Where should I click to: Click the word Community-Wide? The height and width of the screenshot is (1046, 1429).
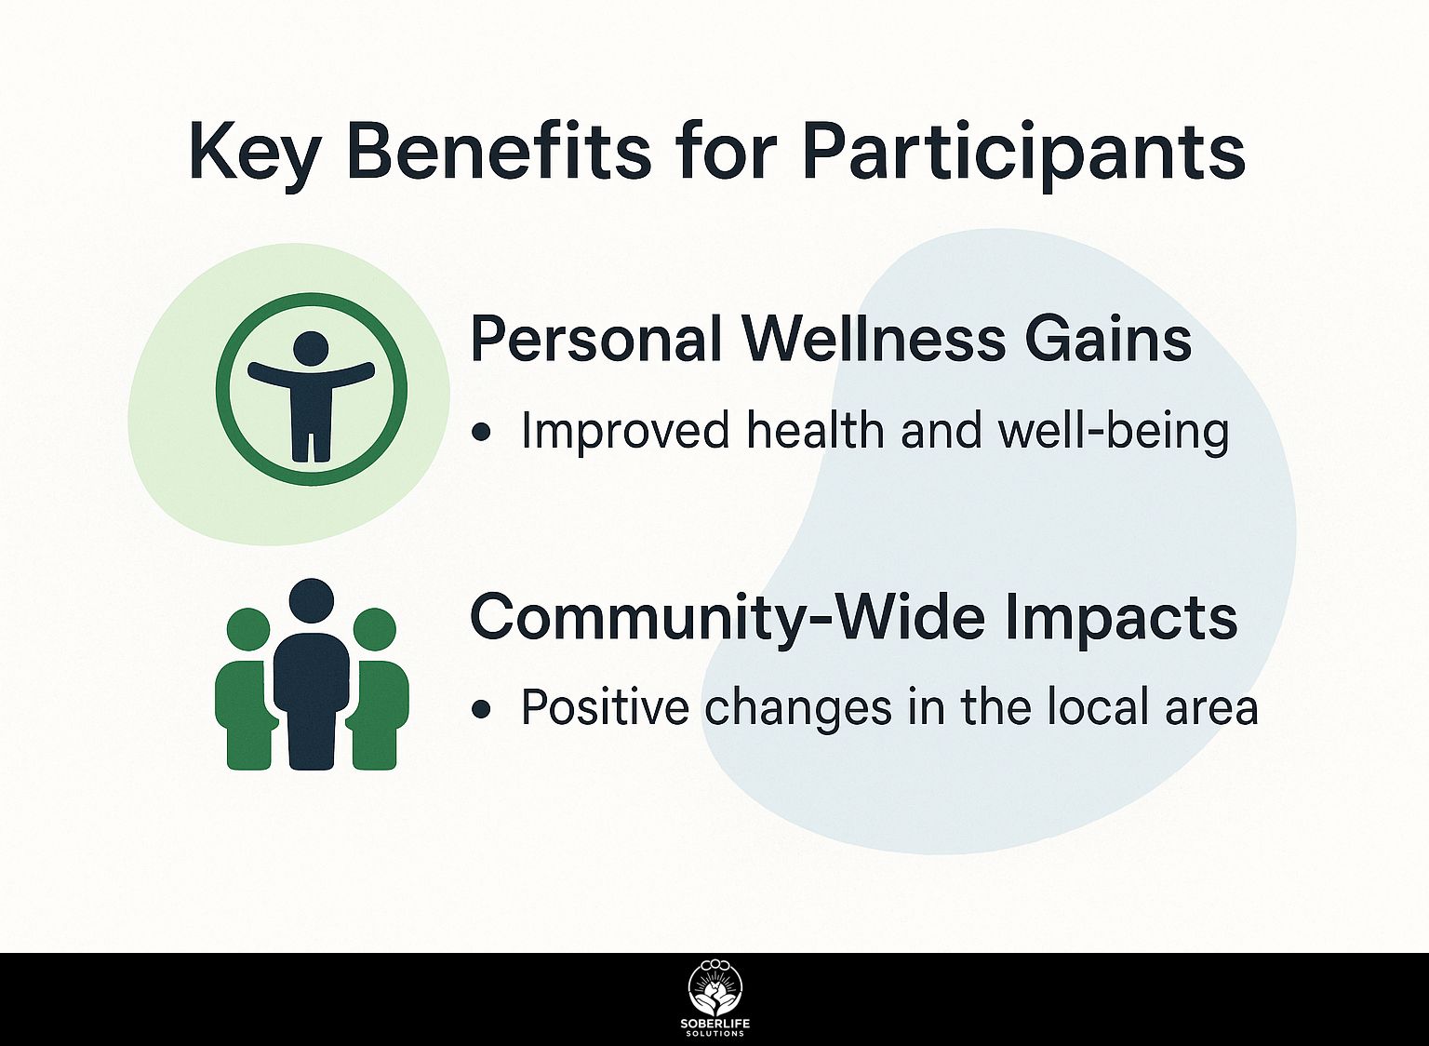727,616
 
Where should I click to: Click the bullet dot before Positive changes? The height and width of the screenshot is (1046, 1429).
481,708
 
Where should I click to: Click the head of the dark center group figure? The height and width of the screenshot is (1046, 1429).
312,600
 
